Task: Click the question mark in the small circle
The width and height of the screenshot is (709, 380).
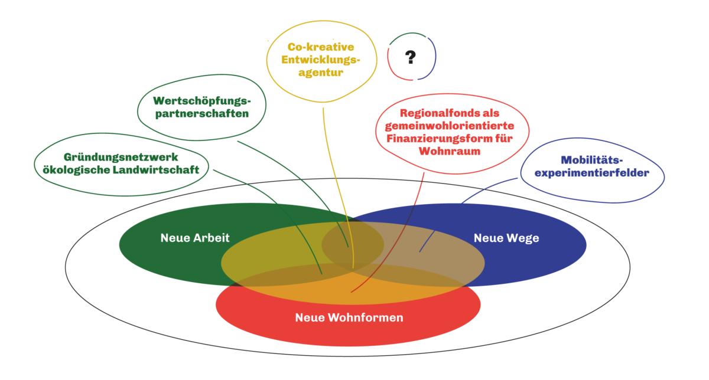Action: [411, 57]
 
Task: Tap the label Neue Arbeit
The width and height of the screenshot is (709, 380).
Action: [195, 238]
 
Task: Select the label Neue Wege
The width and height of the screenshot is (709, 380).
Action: [506, 238]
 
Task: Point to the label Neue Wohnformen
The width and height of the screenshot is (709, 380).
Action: [349, 317]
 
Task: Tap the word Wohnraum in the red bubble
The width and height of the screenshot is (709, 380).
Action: [449, 151]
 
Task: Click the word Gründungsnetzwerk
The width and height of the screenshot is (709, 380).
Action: [121, 157]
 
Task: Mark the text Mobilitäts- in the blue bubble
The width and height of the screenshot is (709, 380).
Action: [591, 160]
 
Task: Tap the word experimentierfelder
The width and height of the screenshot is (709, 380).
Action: [593, 173]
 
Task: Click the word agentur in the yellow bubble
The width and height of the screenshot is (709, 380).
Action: [321, 73]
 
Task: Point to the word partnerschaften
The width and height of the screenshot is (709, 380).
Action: [202, 114]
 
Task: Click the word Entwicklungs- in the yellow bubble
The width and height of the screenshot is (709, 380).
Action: [321, 60]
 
